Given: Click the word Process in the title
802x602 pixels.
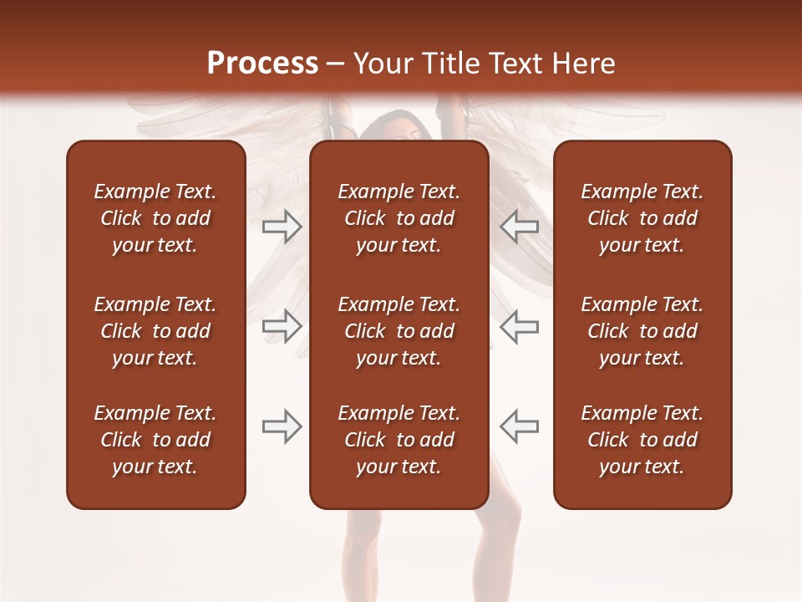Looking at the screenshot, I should [262, 64].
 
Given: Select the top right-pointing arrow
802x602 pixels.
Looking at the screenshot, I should [282, 227].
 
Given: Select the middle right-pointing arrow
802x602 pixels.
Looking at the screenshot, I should [282, 326].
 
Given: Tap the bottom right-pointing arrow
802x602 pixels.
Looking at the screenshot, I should [282, 426].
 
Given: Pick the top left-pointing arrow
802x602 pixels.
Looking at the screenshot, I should [519, 227].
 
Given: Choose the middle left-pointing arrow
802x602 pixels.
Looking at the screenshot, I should [519, 326].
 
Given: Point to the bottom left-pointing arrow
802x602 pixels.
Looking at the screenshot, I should [519, 426].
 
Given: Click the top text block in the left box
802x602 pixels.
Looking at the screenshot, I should [155, 218].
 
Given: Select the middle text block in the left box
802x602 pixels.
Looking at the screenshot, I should [155, 331].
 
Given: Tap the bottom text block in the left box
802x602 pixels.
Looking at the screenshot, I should [155, 440].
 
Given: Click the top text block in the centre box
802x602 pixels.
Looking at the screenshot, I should [398, 218].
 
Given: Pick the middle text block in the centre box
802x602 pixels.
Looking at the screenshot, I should [398, 331].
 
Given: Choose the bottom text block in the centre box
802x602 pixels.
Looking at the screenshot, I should [398, 440].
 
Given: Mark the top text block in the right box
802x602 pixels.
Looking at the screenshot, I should [642, 218].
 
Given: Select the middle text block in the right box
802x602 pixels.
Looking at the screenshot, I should [642, 331].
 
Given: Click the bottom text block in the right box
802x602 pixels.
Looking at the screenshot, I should [642, 440].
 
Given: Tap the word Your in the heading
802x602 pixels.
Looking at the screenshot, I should [380, 64].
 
